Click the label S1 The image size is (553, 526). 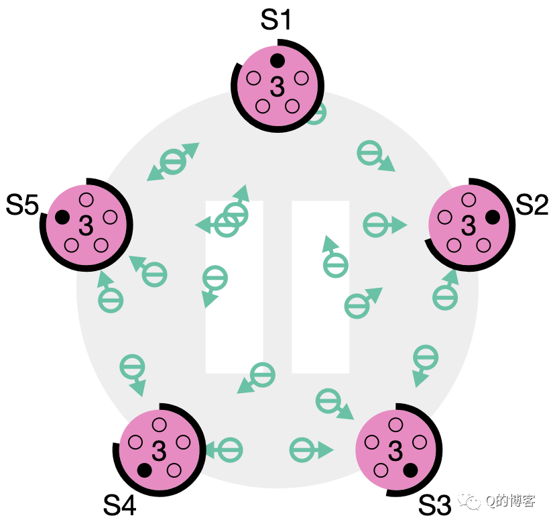275,20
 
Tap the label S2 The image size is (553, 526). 532,205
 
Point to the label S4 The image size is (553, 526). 120,505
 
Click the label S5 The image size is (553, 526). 22,205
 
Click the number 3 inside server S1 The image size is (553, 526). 277,87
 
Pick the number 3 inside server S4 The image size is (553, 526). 159,451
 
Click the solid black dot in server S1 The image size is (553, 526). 277,61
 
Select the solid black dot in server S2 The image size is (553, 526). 493,217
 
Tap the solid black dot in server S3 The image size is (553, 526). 410,469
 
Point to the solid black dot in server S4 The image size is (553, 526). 143,470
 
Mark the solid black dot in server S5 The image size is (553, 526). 62,217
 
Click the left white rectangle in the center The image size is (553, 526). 234,287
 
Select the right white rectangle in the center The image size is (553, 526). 320,287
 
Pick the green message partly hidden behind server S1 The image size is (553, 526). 316,113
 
